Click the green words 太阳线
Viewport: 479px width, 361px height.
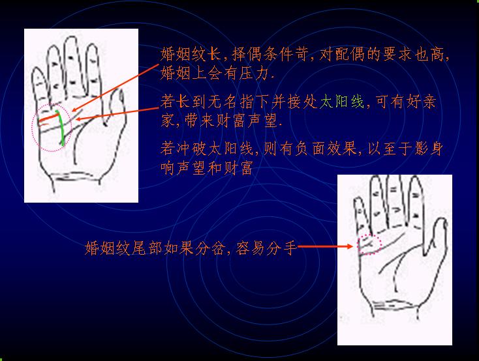[342, 102]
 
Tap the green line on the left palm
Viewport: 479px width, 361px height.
[62, 128]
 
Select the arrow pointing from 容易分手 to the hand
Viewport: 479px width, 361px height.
[325, 246]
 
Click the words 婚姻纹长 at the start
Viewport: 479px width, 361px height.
[191, 54]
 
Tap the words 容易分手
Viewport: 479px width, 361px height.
[266, 248]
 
